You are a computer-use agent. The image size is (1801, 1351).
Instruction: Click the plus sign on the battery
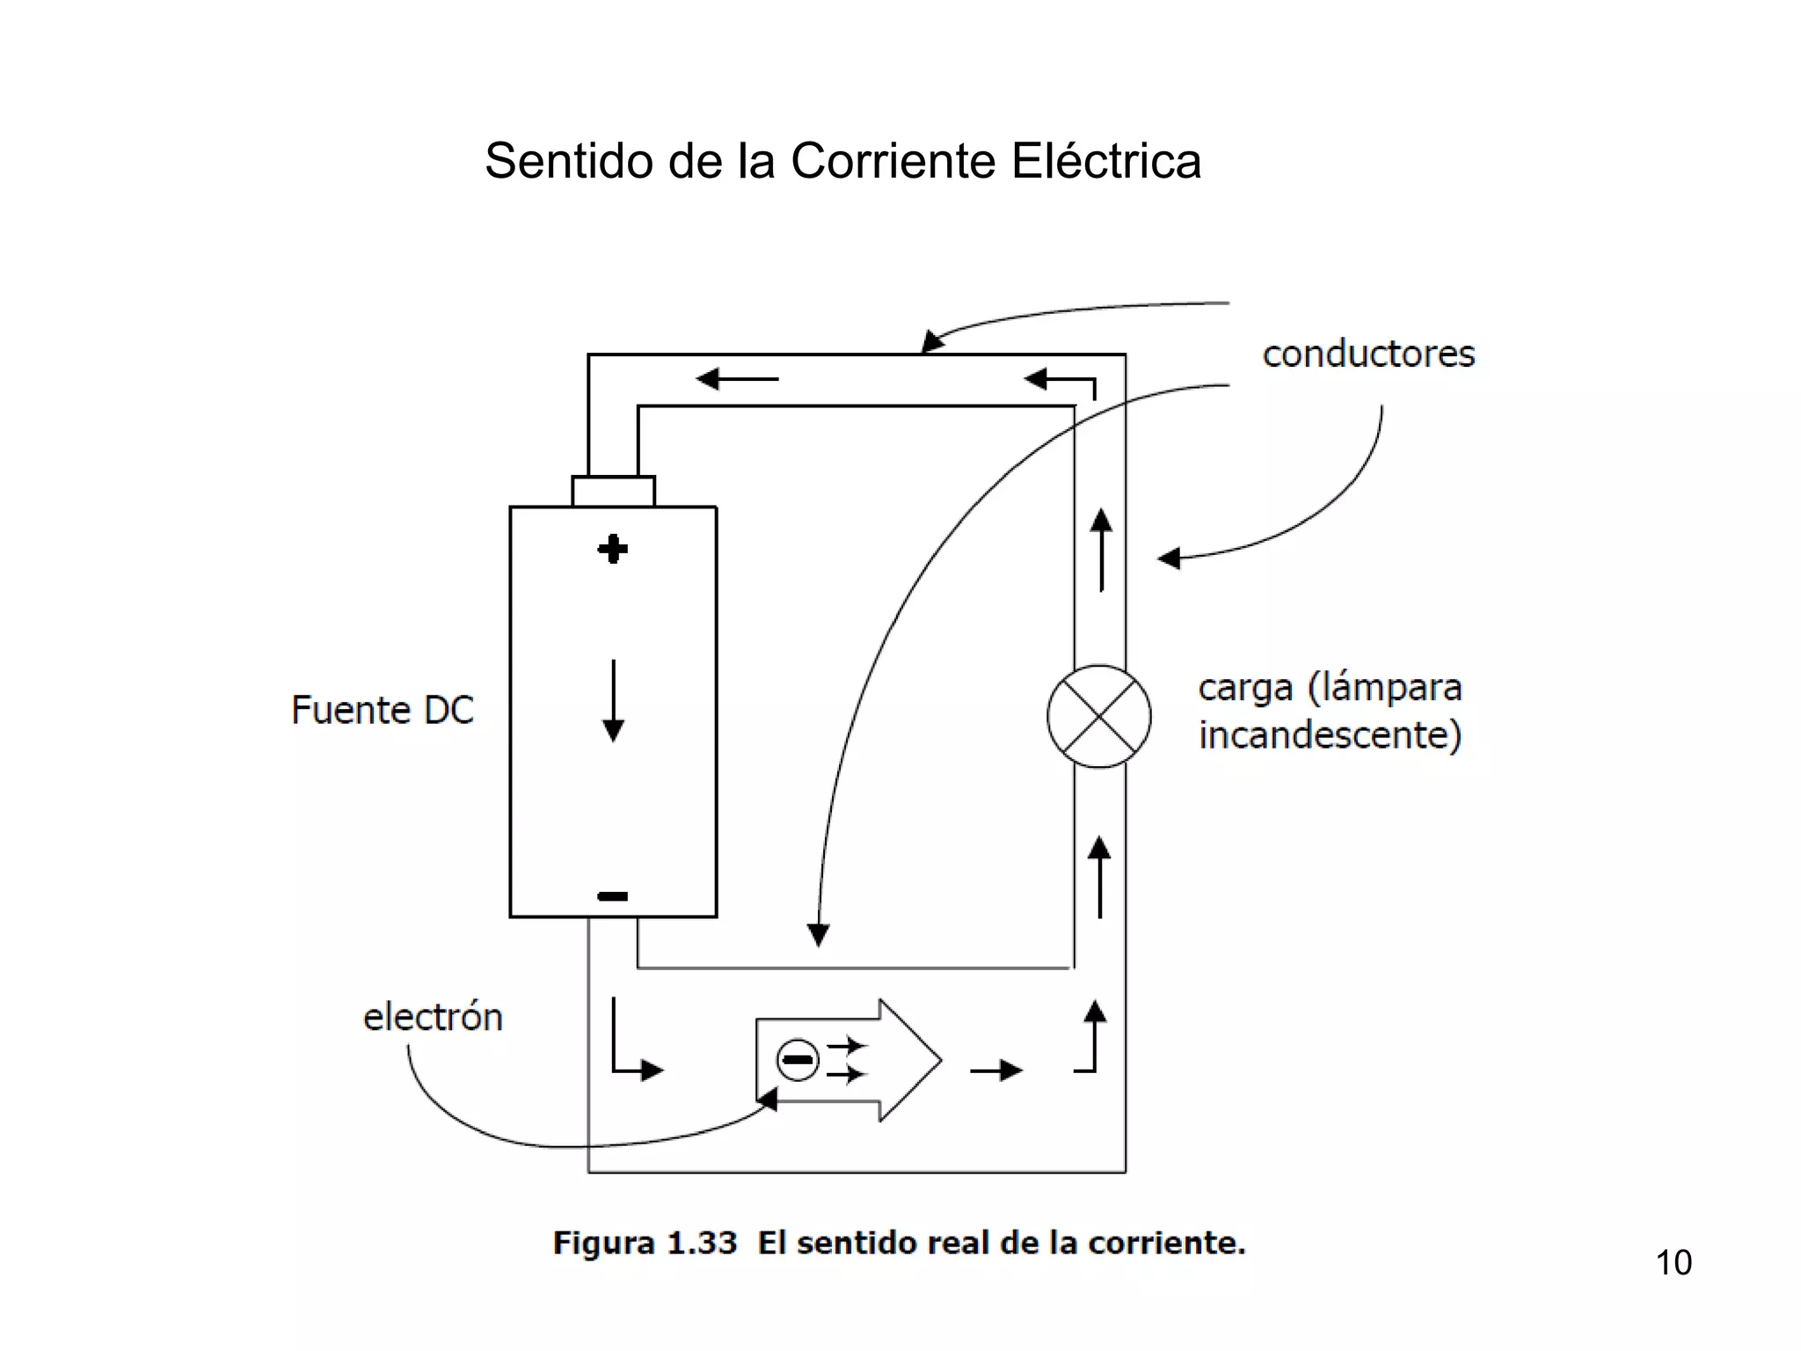[x=613, y=550]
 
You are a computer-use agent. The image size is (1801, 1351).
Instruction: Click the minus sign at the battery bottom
[x=613, y=896]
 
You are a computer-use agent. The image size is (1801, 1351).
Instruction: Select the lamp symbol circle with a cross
[x=1098, y=716]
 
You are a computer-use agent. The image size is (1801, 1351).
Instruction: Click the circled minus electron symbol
[x=798, y=1059]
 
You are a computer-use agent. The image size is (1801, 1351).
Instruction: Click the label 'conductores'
[x=1368, y=354]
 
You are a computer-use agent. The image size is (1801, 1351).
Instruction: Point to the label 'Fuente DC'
[x=383, y=710]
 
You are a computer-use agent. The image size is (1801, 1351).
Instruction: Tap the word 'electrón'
[x=433, y=1017]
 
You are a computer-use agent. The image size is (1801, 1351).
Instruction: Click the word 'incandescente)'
[x=1330, y=735]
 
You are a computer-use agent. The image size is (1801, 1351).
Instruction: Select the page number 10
[x=1673, y=1263]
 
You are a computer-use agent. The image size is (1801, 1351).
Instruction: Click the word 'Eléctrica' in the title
[x=1105, y=161]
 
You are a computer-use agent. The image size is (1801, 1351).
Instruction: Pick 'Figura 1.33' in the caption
[x=645, y=1243]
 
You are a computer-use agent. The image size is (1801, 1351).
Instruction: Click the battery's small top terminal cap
[x=613, y=491]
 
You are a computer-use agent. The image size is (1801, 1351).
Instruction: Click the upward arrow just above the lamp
[x=1101, y=549]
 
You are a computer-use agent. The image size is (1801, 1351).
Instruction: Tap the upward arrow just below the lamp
[x=1099, y=876]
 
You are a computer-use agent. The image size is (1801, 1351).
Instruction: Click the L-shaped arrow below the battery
[x=633, y=1047]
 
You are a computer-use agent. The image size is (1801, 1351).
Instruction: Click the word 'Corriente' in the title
[x=893, y=161]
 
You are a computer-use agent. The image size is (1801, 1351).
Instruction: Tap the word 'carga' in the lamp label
[x=1245, y=688]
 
